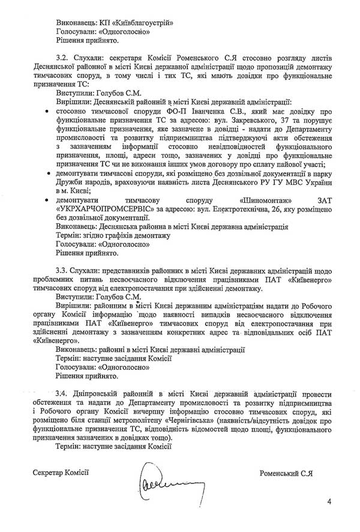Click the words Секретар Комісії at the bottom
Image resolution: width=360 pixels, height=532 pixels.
coord(61,473)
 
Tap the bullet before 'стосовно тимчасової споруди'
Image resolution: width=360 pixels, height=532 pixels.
coord(47,111)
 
